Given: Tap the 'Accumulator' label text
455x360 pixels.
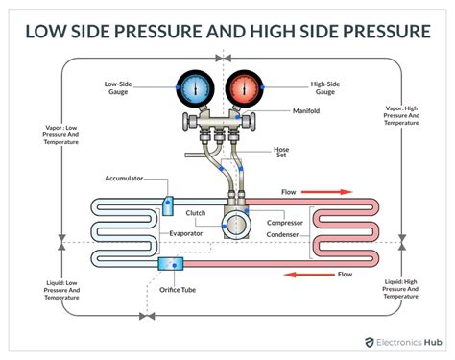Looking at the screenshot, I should pos(127,179).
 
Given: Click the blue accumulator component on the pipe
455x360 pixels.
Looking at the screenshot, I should pos(168,204).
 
